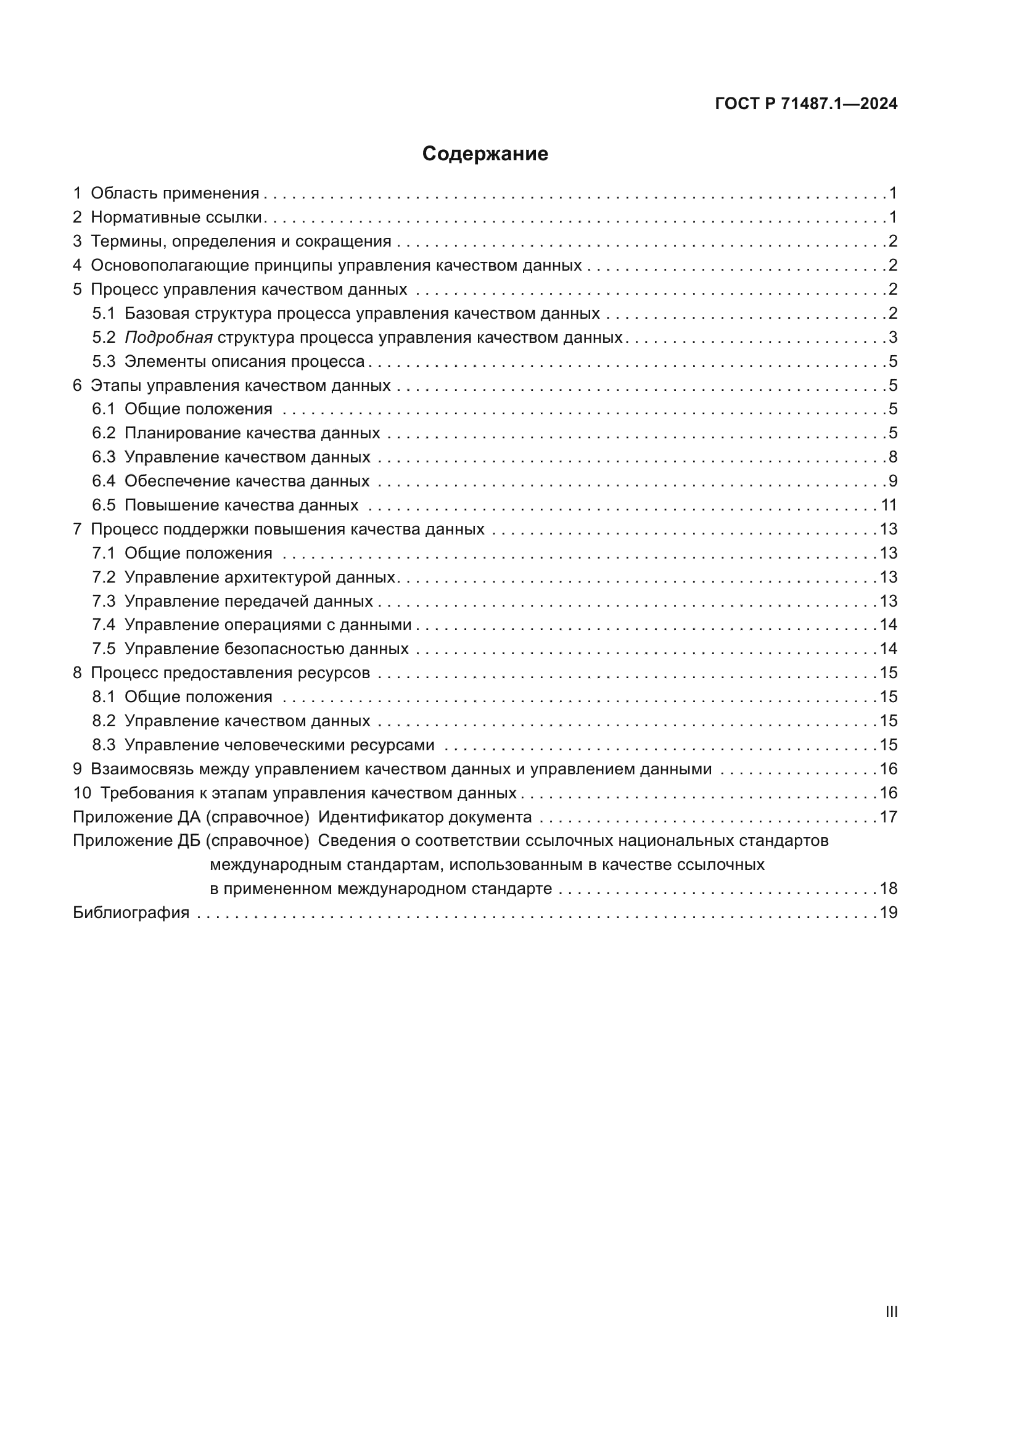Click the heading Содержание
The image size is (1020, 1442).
pos(485,154)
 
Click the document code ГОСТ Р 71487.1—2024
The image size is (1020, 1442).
pos(806,104)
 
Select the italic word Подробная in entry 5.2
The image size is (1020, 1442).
pos(168,338)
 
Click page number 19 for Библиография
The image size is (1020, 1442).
pos(888,912)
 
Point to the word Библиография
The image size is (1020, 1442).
pos(131,912)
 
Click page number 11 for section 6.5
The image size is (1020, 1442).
pos(889,505)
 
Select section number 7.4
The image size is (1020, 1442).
pos(104,625)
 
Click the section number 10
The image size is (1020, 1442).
pos(81,793)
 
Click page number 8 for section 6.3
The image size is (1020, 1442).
pos(892,457)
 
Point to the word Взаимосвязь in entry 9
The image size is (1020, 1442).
pos(142,769)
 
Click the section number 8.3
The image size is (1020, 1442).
pos(104,745)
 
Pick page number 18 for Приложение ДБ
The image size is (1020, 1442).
pos(888,889)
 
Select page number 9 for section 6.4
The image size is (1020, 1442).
pos(892,481)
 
